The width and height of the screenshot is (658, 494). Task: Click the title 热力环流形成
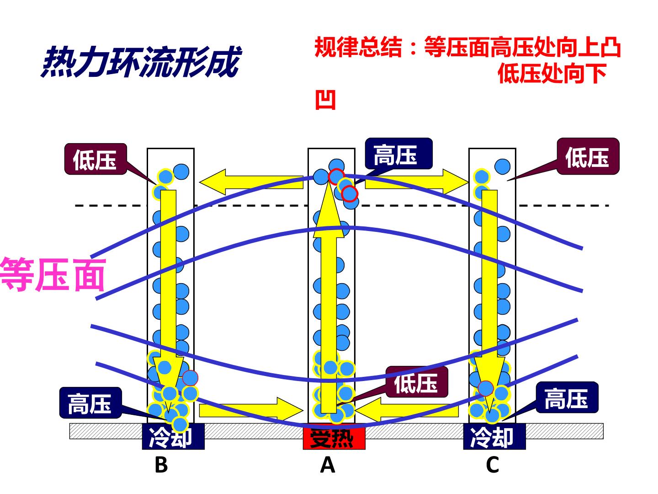(141, 62)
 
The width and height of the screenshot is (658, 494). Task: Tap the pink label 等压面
(53, 275)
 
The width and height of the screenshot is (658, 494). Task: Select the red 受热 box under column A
(334, 438)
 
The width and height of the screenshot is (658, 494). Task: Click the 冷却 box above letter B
(173, 436)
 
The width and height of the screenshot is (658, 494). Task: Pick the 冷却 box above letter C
(494, 436)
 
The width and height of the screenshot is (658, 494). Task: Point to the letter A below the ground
(327, 465)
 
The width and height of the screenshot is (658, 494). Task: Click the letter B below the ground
(161, 465)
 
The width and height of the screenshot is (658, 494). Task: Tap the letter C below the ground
(493, 465)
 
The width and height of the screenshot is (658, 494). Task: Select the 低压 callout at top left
(96, 159)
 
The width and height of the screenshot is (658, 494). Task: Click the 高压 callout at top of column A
(398, 154)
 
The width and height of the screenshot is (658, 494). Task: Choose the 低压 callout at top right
(588, 156)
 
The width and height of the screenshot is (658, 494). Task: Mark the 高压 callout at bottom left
(90, 403)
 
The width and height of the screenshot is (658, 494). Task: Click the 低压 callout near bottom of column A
(417, 382)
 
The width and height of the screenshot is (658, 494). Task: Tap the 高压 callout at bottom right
(567, 397)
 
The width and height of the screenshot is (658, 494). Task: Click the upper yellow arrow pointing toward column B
(251, 182)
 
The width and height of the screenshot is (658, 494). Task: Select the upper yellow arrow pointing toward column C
(417, 182)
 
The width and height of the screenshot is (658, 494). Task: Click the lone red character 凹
(325, 100)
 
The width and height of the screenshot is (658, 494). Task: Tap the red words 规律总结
(358, 47)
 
